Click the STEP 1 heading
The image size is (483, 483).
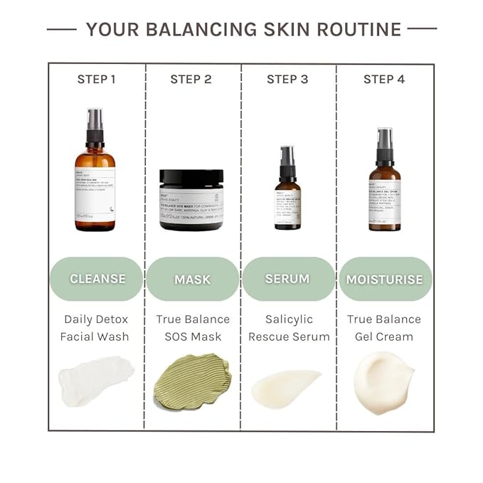click(x=96, y=79)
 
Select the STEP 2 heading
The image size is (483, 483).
click(x=191, y=79)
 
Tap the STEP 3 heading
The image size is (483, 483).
click(x=287, y=79)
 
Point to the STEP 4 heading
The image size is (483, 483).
click(x=384, y=79)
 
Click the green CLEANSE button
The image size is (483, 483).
click(x=97, y=279)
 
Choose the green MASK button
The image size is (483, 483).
click(x=192, y=279)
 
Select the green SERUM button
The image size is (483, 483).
click(x=288, y=279)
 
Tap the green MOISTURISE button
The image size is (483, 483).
click(x=384, y=279)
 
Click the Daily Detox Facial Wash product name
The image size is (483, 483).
click(x=97, y=327)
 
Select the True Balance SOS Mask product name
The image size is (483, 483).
click(x=193, y=327)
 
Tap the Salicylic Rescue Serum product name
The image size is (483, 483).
click(x=289, y=327)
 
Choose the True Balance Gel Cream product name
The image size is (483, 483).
click(x=384, y=327)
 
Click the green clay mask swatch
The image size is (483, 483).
click(x=191, y=381)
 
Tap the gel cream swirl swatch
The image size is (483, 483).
click(x=383, y=381)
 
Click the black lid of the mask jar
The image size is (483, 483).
click(x=191, y=177)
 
